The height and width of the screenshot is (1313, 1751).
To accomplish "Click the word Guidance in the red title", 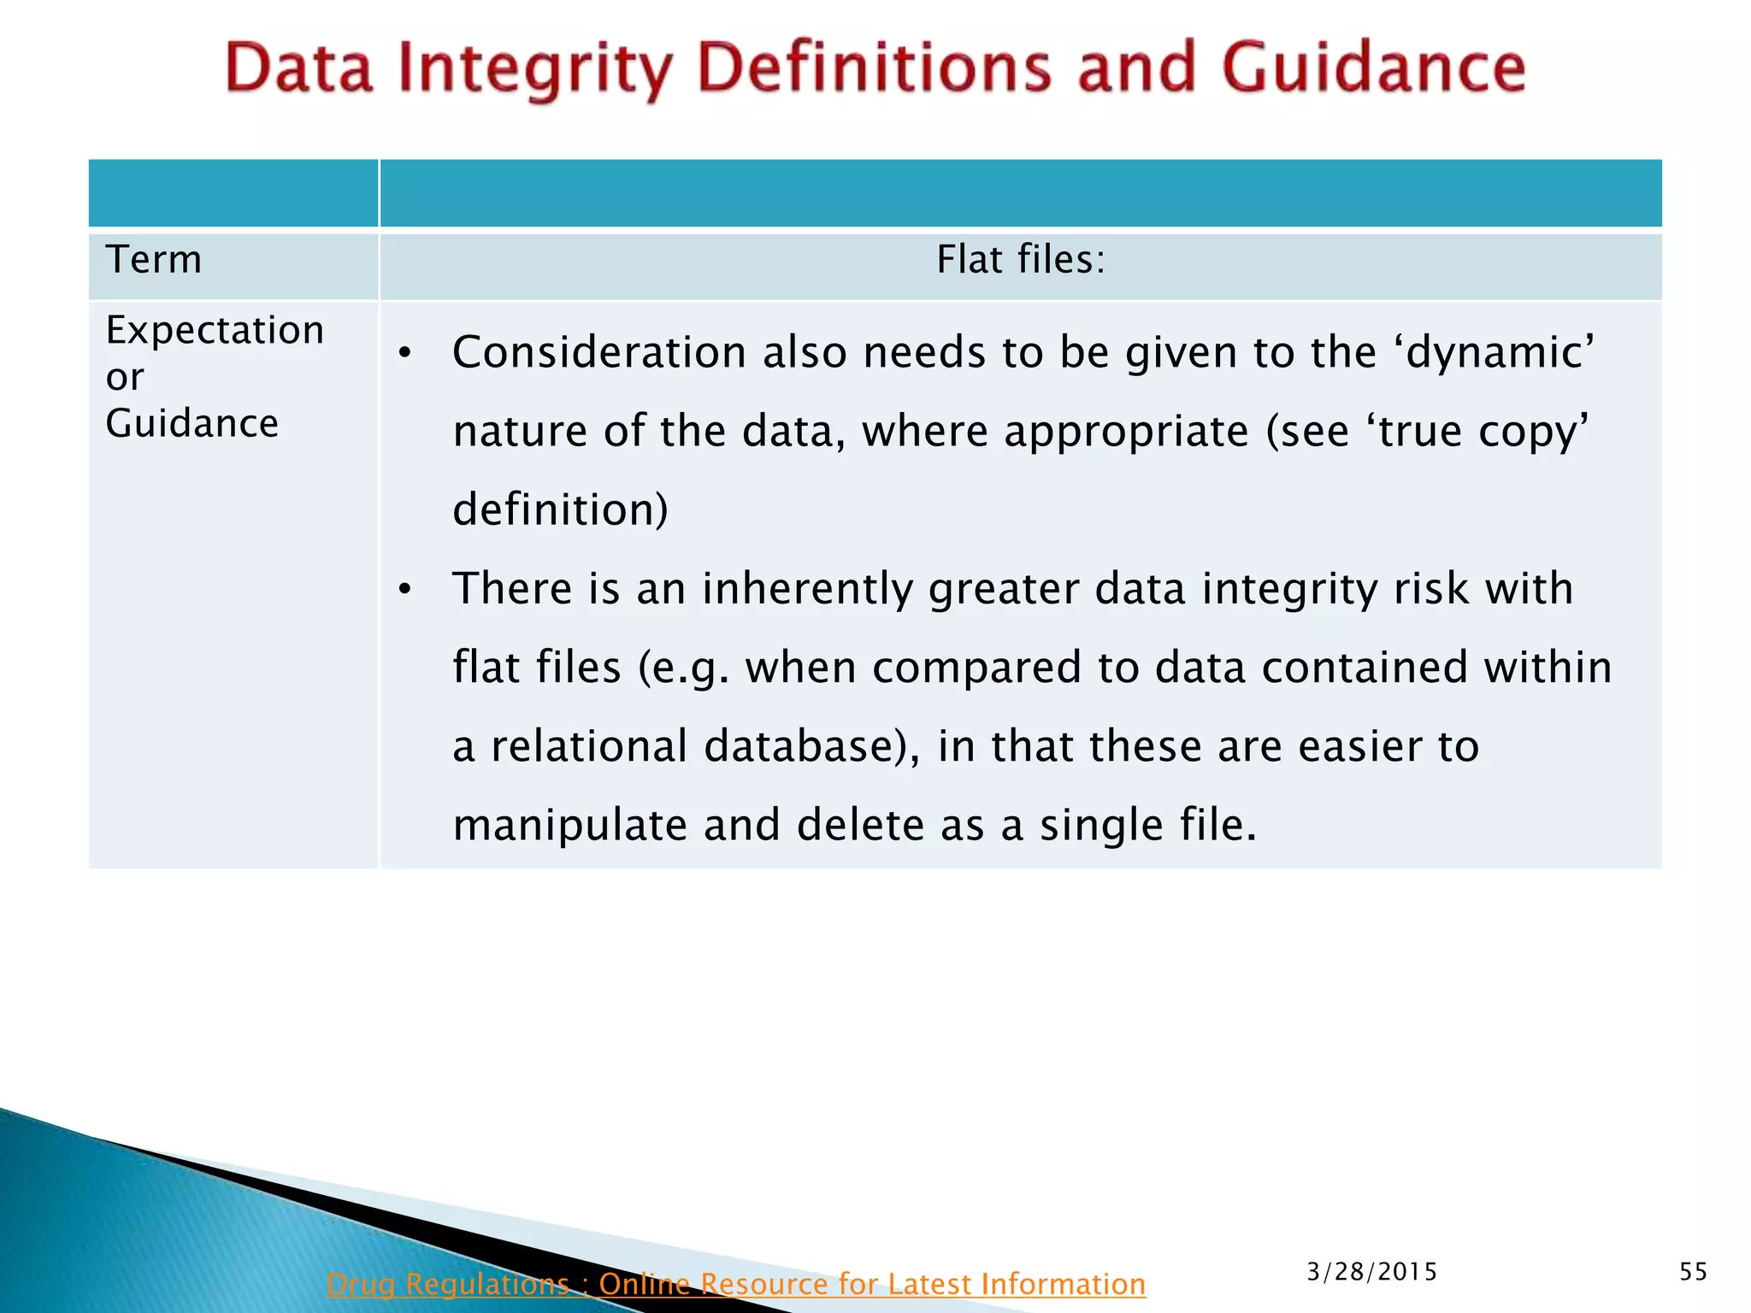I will click(x=1373, y=68).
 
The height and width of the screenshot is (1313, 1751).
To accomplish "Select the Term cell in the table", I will click(x=154, y=260).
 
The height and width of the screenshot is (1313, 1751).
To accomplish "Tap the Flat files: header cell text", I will click(x=1021, y=260).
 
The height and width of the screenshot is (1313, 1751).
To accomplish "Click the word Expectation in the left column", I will click(x=215, y=331).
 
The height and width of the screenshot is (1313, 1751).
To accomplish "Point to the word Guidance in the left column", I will click(x=192, y=424).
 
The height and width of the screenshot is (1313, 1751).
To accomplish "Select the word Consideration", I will click(x=599, y=353).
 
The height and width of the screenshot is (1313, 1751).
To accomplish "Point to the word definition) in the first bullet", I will click(x=560, y=510).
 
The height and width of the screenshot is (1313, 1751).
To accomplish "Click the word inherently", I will click(x=807, y=589).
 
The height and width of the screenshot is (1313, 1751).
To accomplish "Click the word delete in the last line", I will click(x=859, y=826).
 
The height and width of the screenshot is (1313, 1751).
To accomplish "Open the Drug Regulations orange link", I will click(x=735, y=1284).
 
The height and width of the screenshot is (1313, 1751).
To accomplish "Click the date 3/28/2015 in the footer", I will click(x=1371, y=1272).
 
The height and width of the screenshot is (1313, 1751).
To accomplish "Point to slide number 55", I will click(x=1693, y=1272).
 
